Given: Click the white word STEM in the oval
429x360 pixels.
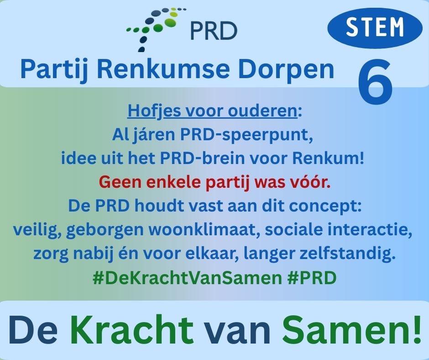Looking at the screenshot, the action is (x=375, y=27).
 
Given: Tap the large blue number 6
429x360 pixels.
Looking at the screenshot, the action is (x=375, y=82).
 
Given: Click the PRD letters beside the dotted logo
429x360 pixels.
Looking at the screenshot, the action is (x=214, y=31).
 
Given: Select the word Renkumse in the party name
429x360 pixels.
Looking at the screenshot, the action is (x=163, y=69).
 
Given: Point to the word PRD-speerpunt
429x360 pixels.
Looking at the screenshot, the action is (x=246, y=135).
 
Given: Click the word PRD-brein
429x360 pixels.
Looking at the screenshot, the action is (x=202, y=159).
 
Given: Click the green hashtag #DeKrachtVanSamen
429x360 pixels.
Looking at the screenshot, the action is (x=187, y=278).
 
